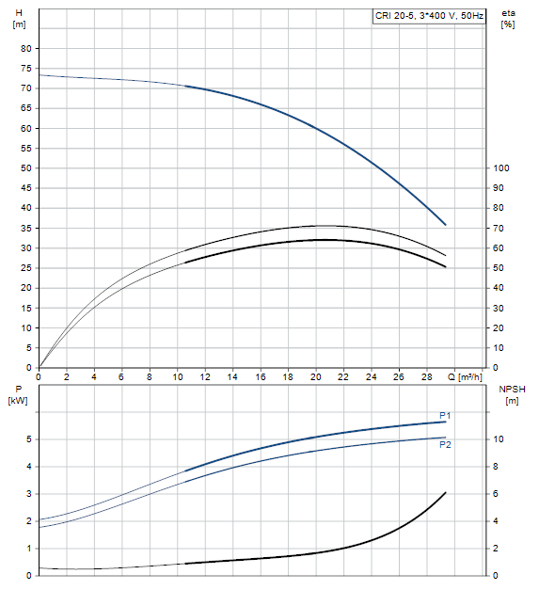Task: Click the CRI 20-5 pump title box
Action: pyautogui.click(x=429, y=16)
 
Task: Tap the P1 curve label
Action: pyautogui.click(x=445, y=415)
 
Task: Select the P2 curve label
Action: pyautogui.click(x=445, y=444)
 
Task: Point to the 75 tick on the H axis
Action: pyautogui.click(x=26, y=69)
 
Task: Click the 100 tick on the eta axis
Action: pyautogui.click(x=501, y=168)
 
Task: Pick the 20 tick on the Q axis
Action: pyautogui.click(x=315, y=376)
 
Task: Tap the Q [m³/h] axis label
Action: pyautogui.click(x=465, y=376)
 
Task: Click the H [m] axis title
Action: pyautogui.click(x=19, y=19)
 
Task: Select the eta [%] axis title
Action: pyautogui.click(x=508, y=19)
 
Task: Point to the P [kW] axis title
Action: pyautogui.click(x=18, y=394)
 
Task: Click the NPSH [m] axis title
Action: pyautogui.click(x=512, y=394)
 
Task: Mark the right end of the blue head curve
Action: pyautogui.click(x=446, y=225)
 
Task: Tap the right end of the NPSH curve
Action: pyautogui.click(x=446, y=492)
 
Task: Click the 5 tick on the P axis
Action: pyautogui.click(x=29, y=439)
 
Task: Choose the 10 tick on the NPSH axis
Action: pyautogui.click(x=499, y=439)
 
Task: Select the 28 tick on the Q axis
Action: pyautogui.click(x=426, y=376)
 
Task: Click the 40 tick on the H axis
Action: pyautogui.click(x=26, y=208)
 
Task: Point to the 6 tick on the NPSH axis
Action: pyautogui.click(x=496, y=494)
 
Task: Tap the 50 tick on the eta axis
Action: pyautogui.click(x=499, y=268)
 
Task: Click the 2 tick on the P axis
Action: pyautogui.click(x=29, y=521)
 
